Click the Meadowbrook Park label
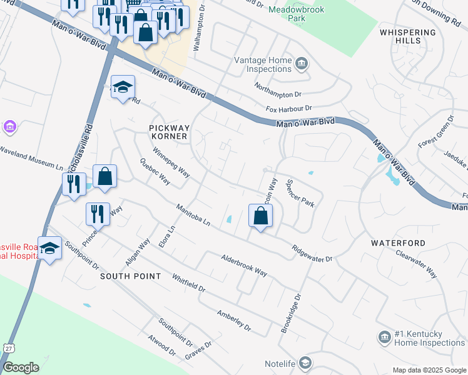point(287,14)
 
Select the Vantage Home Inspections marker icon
point(302,63)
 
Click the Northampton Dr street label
point(278,89)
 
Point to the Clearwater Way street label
point(416,263)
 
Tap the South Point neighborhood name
point(130,276)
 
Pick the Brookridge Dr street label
point(291,314)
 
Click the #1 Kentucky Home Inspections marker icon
point(384,337)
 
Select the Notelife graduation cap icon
point(305,362)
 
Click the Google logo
point(21,367)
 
